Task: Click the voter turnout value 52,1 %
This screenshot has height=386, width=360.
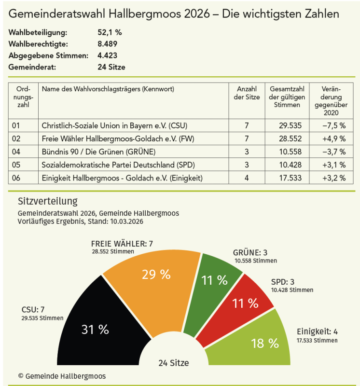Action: coord(110,33)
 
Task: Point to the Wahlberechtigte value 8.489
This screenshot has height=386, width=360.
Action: coord(107,44)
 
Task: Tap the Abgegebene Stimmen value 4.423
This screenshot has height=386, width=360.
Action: coord(107,55)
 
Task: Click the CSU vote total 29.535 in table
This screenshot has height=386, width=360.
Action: coord(290,125)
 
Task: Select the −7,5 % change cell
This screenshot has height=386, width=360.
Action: coord(333,125)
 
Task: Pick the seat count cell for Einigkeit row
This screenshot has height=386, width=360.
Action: coord(246,178)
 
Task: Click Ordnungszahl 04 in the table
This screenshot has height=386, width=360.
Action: coord(17,152)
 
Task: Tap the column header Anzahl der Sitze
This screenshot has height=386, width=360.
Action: coord(246,93)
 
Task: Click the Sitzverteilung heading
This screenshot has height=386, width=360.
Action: coord(47,201)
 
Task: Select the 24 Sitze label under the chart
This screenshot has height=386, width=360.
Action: coord(173,363)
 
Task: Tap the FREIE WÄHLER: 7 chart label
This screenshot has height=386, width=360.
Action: coord(122,244)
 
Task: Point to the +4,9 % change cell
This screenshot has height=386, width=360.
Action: coord(333,138)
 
